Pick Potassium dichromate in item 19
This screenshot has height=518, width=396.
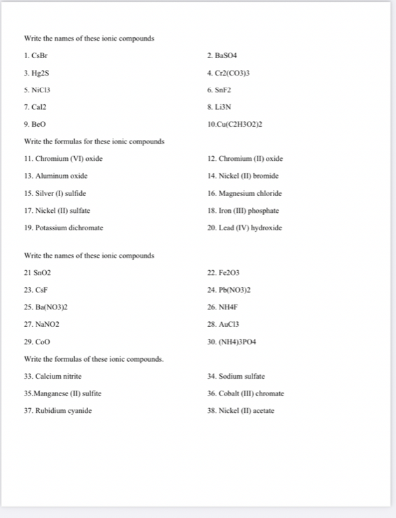point(69,228)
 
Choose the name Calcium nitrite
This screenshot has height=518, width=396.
point(63,377)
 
